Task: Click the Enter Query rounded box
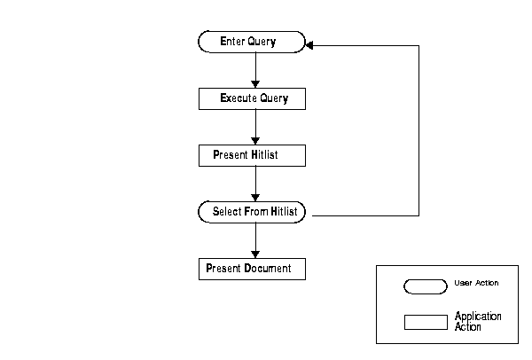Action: (251, 42)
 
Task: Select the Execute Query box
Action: (252, 98)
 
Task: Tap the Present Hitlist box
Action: (252, 155)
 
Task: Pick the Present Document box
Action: (252, 269)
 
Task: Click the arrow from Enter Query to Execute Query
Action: (255, 69)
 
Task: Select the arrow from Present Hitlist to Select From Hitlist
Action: (255, 184)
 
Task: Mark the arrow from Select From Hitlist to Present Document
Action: (255, 240)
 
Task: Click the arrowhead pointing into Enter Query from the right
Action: (310, 45)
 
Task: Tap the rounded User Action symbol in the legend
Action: (426, 286)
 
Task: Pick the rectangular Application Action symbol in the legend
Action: (426, 322)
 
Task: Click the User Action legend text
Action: (476, 283)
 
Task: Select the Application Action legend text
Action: (478, 321)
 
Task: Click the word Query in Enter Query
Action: (262, 42)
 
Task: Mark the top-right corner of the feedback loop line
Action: (419, 45)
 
